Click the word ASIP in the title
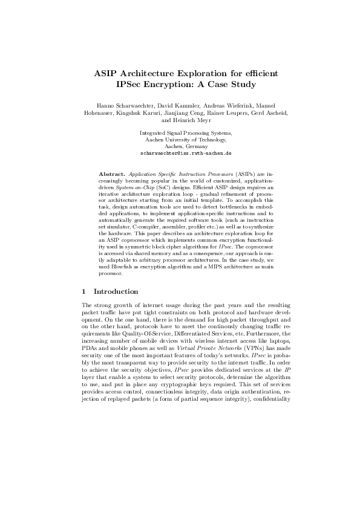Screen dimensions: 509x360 click(106, 73)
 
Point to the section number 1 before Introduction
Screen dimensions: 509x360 click(83, 291)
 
